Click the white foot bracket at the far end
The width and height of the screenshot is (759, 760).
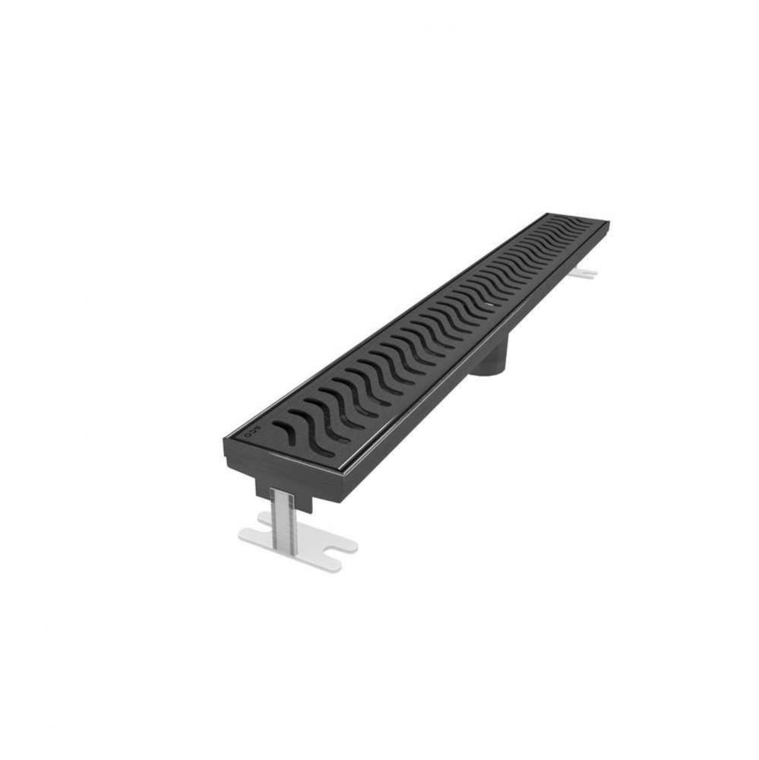click(x=585, y=273)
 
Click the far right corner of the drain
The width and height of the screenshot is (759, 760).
click(x=608, y=223)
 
